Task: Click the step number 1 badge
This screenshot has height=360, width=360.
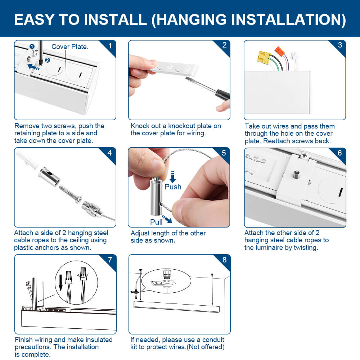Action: point(110,46)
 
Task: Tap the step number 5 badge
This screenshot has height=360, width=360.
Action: point(224,153)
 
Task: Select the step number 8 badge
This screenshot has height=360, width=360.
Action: point(224,260)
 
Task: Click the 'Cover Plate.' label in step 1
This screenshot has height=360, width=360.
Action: point(70,47)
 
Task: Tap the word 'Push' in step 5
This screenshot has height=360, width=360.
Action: point(173,187)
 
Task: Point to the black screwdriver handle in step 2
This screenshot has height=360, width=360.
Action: point(222,94)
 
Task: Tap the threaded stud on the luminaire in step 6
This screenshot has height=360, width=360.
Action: point(297,175)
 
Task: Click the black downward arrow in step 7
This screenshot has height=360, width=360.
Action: point(60,282)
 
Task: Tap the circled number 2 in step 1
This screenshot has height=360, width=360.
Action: point(47,60)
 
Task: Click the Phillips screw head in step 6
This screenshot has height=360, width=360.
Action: point(304,156)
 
